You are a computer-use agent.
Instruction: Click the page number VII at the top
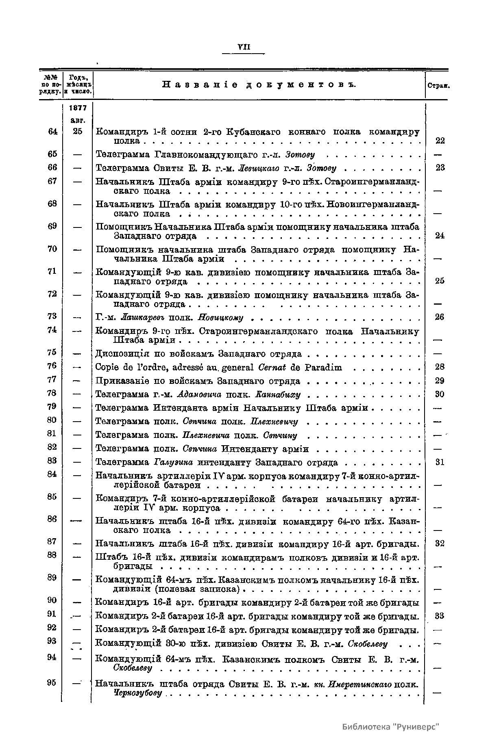click(x=244, y=48)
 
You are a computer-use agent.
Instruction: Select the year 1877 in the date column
click(x=78, y=108)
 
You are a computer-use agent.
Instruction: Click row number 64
click(x=52, y=131)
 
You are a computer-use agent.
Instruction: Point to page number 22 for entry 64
click(x=440, y=141)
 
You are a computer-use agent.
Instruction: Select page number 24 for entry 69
click(x=440, y=236)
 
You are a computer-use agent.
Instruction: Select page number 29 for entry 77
click(x=440, y=381)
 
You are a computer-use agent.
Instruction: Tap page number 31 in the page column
click(x=440, y=462)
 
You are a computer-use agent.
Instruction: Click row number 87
click(x=52, y=542)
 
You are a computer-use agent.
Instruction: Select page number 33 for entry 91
click(x=440, y=616)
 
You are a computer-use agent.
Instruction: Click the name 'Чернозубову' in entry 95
click(x=139, y=693)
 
